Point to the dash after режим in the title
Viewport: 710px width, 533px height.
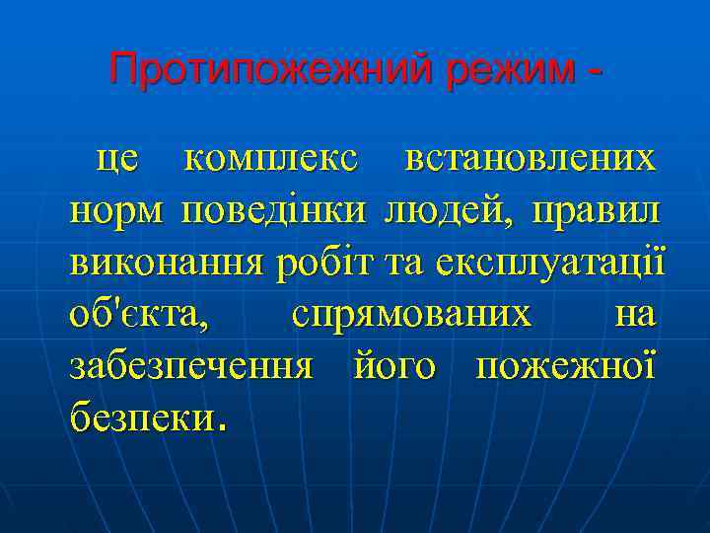(594, 71)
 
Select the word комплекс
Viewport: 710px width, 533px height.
(272, 158)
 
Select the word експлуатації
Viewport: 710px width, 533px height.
(556, 264)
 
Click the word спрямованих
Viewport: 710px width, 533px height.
(411, 316)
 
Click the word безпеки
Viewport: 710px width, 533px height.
(140, 420)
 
